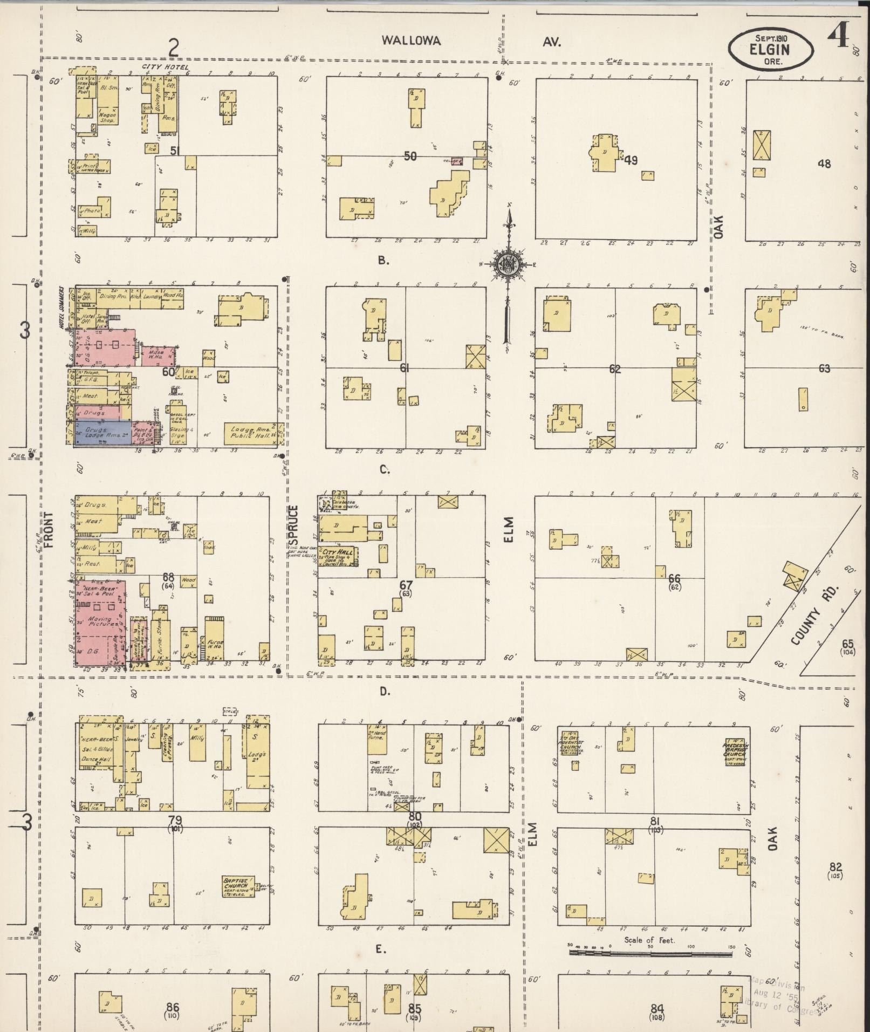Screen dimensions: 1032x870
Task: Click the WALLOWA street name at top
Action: pyautogui.click(x=411, y=40)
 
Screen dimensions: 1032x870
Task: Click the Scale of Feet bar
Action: pyautogui.click(x=650, y=953)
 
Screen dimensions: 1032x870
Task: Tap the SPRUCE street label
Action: pyautogui.click(x=293, y=525)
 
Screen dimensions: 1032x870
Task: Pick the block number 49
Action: pyautogui.click(x=630, y=160)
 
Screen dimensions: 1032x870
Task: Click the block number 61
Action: pyautogui.click(x=405, y=368)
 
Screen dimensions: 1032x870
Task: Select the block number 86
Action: pyautogui.click(x=173, y=1007)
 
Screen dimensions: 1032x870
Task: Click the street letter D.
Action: pyautogui.click(x=384, y=691)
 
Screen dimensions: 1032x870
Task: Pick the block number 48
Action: pyautogui.click(x=824, y=163)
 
